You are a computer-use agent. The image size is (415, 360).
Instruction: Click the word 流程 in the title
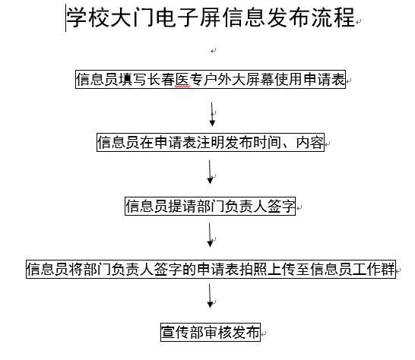333,17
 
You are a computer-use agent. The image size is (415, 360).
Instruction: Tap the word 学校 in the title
88,17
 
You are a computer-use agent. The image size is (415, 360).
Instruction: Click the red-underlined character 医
183,79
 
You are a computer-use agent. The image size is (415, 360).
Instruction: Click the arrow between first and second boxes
212,114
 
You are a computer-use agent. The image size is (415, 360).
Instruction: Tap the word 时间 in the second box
268,142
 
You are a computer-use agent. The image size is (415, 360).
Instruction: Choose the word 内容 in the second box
310,142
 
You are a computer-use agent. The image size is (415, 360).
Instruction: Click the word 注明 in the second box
211,142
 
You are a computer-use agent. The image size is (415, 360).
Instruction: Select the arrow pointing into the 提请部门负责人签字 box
210,172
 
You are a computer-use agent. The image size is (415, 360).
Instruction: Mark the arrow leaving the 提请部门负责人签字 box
210,235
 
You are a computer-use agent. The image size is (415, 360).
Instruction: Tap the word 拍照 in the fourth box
253,269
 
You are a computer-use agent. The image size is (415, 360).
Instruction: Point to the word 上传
281,269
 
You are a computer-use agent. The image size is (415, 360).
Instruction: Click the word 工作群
374,269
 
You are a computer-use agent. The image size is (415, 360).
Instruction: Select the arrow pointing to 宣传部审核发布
210,295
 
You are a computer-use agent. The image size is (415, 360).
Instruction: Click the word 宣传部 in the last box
182,332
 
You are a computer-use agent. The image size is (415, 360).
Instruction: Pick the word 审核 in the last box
218,332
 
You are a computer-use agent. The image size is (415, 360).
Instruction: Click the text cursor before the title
65,17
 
